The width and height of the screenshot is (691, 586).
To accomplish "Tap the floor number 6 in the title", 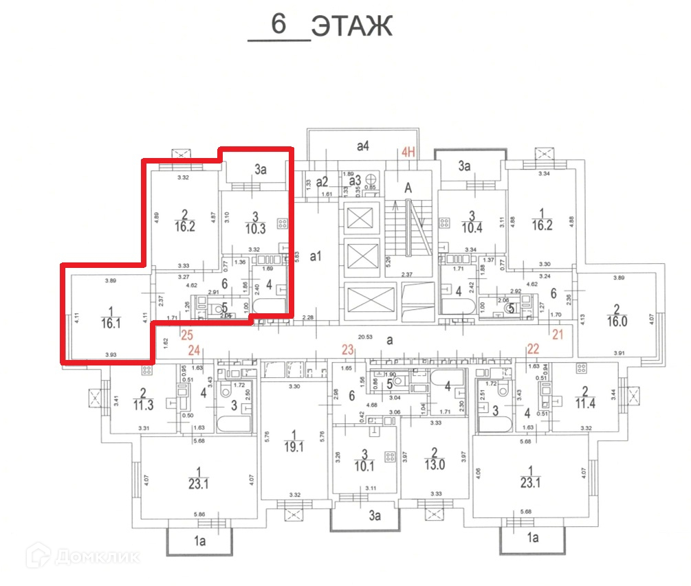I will pos(278,24).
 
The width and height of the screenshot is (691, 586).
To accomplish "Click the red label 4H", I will pos(410,153).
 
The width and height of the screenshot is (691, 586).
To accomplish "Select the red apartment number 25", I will pos(186,335).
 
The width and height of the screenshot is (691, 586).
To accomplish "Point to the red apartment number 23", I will pos(347,350).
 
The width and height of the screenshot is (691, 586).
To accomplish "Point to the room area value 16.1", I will pos(109,323).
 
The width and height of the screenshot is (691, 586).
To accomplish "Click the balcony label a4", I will pos(363,146).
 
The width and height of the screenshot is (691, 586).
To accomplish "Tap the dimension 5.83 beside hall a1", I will pos(298,254).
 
